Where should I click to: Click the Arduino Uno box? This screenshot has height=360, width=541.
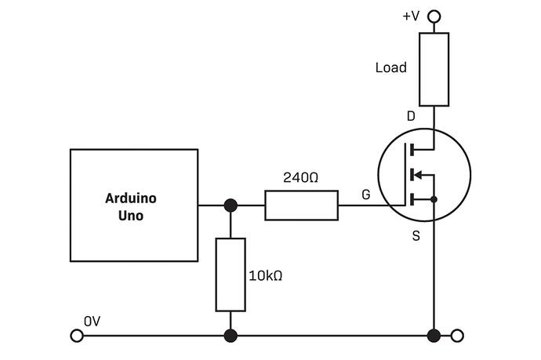click(x=134, y=205)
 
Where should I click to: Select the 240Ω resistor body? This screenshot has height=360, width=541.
click(x=302, y=205)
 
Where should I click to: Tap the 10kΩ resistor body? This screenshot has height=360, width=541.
click(x=231, y=274)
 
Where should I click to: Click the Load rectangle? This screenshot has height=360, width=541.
click(x=434, y=69)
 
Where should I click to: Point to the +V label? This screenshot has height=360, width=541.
click(x=411, y=15)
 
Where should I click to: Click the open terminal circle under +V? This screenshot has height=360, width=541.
click(x=434, y=15)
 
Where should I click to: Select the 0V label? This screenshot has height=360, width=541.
click(x=93, y=321)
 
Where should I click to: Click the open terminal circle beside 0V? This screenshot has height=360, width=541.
click(x=77, y=336)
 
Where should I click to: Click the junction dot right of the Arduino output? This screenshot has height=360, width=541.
click(x=231, y=205)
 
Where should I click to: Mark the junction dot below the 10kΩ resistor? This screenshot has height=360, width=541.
click(x=231, y=336)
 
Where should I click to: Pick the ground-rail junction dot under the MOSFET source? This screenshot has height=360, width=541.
click(x=434, y=336)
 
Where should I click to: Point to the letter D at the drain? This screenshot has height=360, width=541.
click(x=411, y=117)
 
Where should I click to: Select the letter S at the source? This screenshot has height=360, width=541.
click(x=416, y=235)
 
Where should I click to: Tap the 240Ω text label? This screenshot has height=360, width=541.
click(x=301, y=178)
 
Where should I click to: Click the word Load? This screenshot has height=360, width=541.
click(x=391, y=67)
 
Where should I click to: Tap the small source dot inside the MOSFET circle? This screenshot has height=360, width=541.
click(x=434, y=199)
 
